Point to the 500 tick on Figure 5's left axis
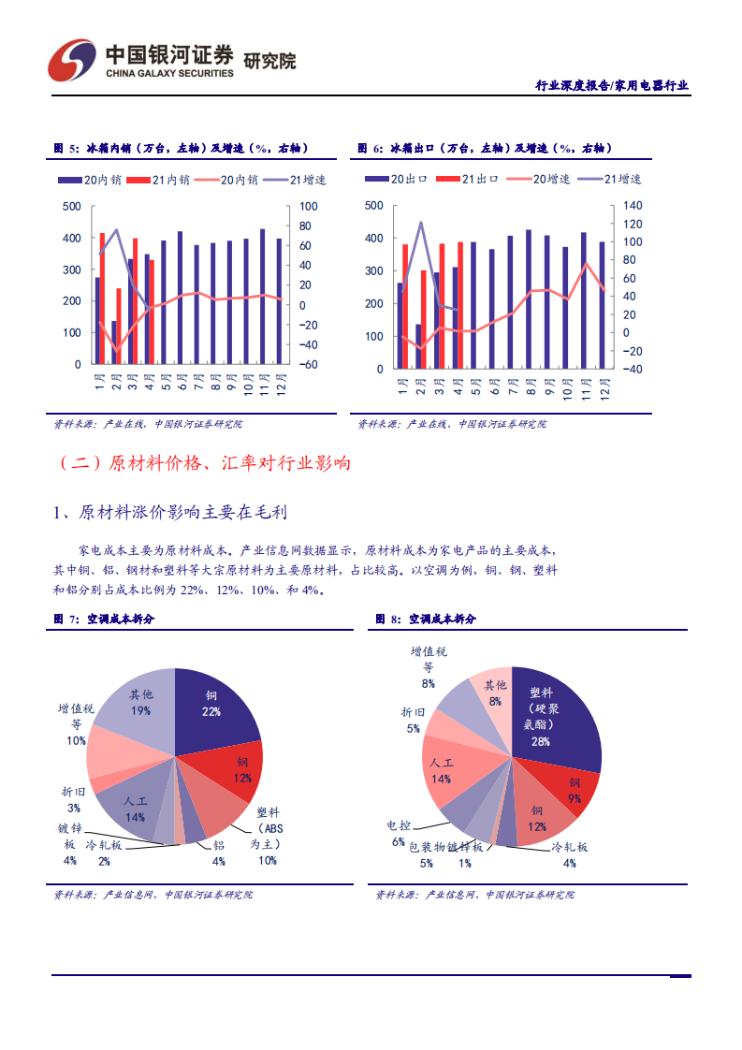71,207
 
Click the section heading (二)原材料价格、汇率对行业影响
204,462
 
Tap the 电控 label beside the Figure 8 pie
398,825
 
